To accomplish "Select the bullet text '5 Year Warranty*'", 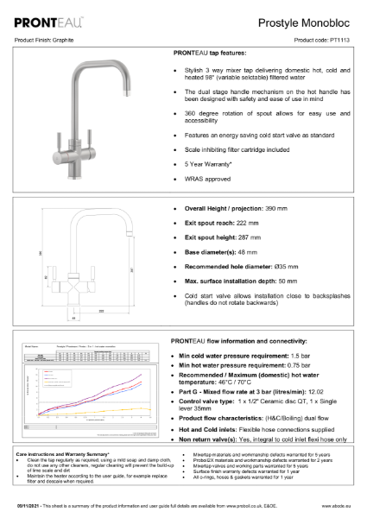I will click(212, 164).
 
